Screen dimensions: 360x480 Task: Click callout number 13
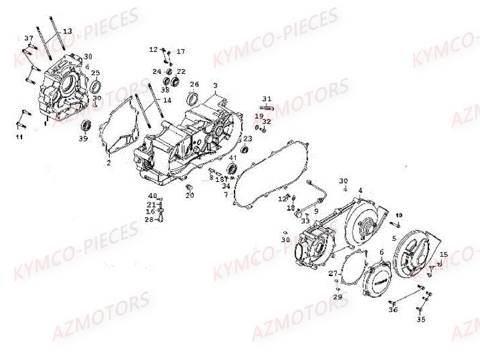(67, 31)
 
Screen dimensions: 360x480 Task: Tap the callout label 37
(28, 38)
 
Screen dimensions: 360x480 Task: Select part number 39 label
(83, 139)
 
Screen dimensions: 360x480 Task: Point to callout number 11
(19, 137)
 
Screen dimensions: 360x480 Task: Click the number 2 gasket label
(109, 163)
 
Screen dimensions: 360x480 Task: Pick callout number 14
(167, 100)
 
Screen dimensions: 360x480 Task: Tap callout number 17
(181, 51)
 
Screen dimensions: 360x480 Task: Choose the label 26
(194, 84)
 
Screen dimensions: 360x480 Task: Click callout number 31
(267, 98)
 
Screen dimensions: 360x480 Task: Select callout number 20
(190, 196)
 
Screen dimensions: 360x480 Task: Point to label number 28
(149, 219)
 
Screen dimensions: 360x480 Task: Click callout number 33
(305, 221)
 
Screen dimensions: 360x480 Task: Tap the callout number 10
(400, 215)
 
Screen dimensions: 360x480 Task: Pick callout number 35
(421, 320)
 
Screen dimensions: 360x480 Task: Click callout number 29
(338, 297)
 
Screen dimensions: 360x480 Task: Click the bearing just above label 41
(233, 167)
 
